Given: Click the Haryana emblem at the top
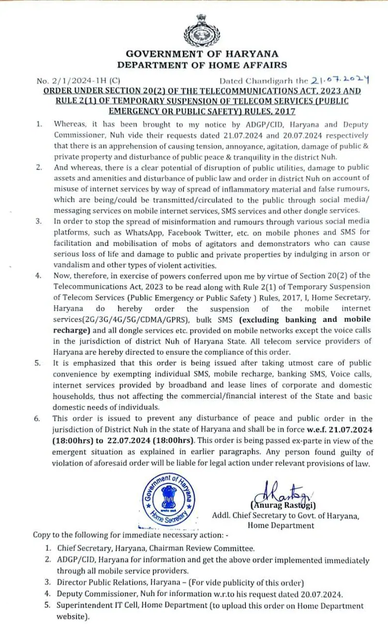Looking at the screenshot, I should (x=195, y=30).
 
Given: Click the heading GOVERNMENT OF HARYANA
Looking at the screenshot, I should (x=202, y=54).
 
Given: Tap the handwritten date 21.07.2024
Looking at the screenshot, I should (x=339, y=80).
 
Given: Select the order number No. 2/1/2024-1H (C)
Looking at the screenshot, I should (x=78, y=81).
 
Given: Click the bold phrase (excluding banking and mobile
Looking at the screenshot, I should (x=306, y=319).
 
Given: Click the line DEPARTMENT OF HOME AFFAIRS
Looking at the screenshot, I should (x=202, y=65).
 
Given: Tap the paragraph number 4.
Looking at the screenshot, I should (x=38, y=275).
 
